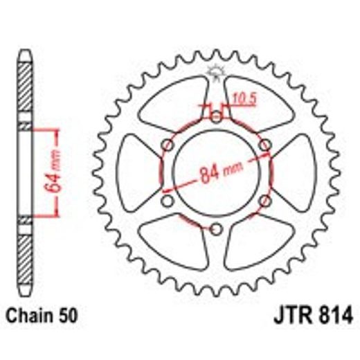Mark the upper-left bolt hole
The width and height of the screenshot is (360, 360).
point(168,145)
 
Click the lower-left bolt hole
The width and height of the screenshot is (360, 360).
point(168,201)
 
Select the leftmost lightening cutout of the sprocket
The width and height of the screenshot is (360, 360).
point(136,173)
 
